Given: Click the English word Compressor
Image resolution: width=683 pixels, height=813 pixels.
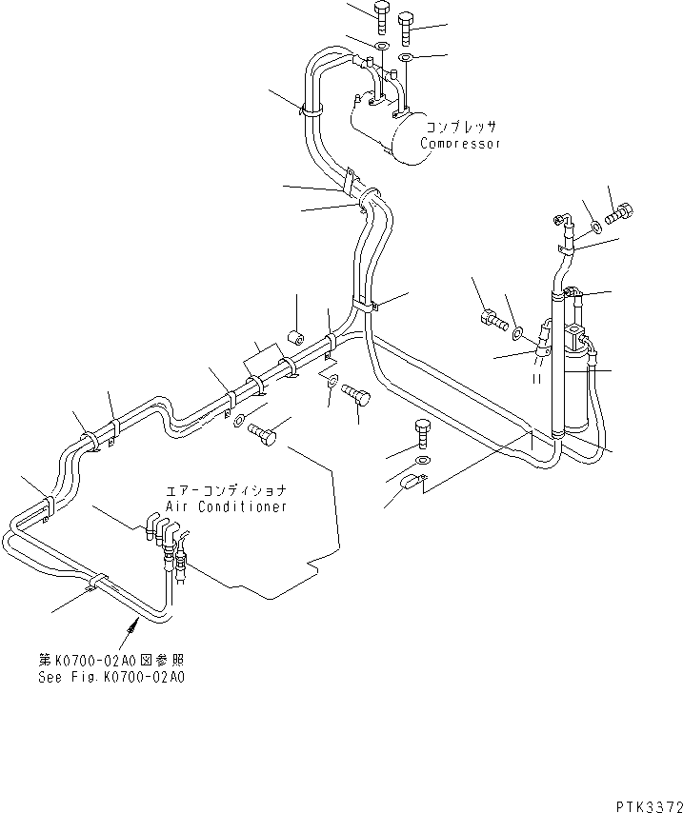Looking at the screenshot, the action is click(x=460, y=143).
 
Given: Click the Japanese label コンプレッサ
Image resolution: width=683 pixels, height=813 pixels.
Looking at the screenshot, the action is click(x=461, y=127).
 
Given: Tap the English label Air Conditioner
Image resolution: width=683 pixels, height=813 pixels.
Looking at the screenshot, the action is click(x=227, y=506).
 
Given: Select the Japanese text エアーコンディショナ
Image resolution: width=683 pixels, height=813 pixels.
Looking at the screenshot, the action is click(x=227, y=490).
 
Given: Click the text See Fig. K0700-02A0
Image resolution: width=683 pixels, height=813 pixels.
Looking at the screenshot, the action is click(x=111, y=677).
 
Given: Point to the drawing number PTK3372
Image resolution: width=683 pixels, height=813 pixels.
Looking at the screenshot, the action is click(x=650, y=806).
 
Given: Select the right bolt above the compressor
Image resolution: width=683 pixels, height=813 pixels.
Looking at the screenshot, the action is click(x=406, y=29).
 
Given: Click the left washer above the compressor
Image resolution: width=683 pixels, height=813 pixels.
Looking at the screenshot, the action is click(x=381, y=46).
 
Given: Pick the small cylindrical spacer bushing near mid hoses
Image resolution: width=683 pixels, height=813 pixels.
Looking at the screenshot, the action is click(x=295, y=338).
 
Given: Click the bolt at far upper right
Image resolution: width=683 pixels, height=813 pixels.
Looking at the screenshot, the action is click(x=619, y=213).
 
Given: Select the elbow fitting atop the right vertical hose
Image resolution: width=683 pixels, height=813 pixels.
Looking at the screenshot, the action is click(x=563, y=223).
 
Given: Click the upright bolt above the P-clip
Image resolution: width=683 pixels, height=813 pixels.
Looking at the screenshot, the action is click(x=422, y=433).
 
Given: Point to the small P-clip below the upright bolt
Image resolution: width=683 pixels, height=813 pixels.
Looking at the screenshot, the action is click(x=412, y=482).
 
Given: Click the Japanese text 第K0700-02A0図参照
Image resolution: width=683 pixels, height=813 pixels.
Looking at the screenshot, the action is click(x=111, y=661).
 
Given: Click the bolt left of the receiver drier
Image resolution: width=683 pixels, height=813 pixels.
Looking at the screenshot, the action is click(x=493, y=319).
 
